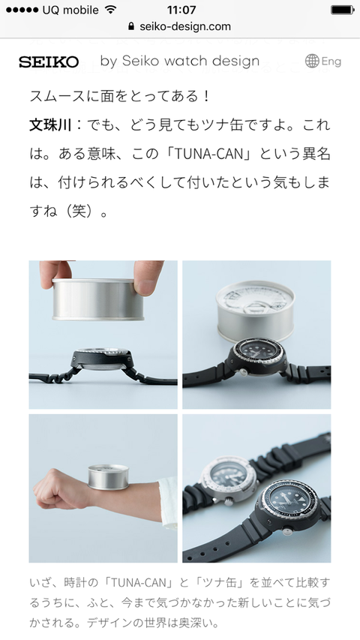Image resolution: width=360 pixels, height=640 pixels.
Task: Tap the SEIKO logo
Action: (x=49, y=62)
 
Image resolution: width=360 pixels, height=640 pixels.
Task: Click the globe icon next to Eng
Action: (x=312, y=62)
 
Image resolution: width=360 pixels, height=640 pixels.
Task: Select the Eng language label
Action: (x=331, y=62)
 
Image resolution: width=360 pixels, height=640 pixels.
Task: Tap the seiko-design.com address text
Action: (x=185, y=26)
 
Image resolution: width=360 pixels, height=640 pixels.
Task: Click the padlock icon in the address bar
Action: (x=132, y=26)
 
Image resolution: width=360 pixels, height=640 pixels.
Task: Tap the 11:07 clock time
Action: (x=181, y=10)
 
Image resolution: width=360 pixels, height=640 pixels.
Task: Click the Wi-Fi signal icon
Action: (x=110, y=10)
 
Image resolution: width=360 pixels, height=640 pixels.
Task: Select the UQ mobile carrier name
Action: (x=71, y=10)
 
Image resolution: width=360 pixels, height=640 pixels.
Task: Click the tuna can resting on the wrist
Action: (x=108, y=476)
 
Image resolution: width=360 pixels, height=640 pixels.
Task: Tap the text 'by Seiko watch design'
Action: (x=180, y=62)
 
